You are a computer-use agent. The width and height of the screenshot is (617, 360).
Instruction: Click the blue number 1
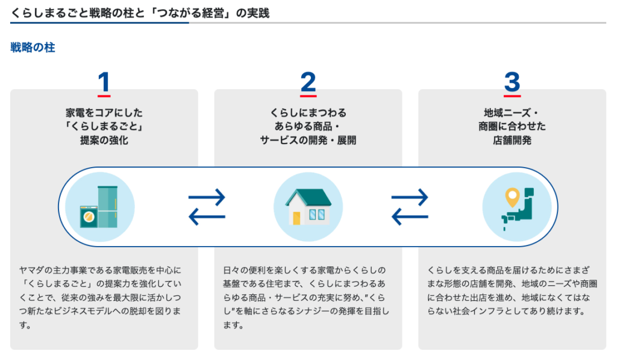(x=104, y=81)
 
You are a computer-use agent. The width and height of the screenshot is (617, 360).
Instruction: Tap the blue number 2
(x=308, y=81)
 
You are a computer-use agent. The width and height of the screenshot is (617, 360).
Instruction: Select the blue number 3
(x=512, y=81)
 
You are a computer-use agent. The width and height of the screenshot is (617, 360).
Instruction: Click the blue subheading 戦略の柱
(x=33, y=48)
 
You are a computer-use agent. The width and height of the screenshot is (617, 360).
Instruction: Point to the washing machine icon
(x=89, y=216)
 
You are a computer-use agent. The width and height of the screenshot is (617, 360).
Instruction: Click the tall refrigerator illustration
(x=108, y=206)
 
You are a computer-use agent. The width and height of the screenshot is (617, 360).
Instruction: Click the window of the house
(x=317, y=215)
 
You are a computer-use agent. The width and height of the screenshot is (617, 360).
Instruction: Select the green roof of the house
(x=308, y=198)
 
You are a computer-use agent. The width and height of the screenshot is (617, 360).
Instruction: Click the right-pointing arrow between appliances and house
(x=207, y=197)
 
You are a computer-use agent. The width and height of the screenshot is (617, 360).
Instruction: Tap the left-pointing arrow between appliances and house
(x=207, y=216)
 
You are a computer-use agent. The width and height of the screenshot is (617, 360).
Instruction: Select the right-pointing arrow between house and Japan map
(x=410, y=197)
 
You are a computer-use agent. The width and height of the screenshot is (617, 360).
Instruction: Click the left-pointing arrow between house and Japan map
(x=410, y=216)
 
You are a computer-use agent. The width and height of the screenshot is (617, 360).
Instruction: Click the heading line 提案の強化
(x=104, y=141)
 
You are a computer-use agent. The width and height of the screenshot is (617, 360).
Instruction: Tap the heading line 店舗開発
(x=512, y=141)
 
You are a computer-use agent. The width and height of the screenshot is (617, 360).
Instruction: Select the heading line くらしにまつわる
(x=308, y=113)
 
